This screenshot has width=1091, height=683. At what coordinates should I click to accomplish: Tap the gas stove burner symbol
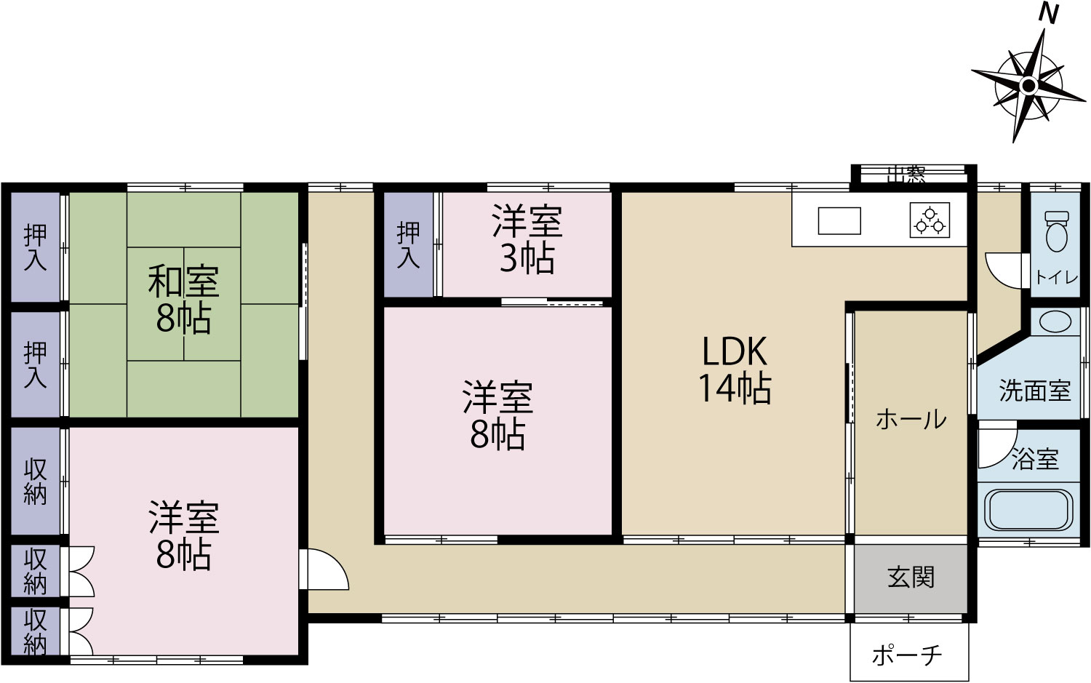(930, 220)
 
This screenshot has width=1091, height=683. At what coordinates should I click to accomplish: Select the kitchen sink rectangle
(839, 220)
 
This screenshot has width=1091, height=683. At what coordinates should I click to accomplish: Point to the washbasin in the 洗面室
(1055, 321)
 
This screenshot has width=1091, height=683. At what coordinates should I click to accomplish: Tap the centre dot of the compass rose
(1028, 87)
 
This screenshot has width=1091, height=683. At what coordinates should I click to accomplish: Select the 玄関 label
(911, 578)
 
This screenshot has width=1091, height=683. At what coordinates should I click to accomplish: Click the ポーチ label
(907, 655)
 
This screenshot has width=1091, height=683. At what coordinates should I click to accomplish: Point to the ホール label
(911, 419)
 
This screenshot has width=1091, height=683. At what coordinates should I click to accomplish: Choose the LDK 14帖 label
(735, 370)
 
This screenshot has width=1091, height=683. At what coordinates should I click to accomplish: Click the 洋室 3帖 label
(527, 239)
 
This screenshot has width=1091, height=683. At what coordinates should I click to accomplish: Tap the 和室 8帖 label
(183, 298)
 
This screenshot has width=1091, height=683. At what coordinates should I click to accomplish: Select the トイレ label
(1057, 277)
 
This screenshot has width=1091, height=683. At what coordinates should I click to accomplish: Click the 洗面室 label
(1035, 391)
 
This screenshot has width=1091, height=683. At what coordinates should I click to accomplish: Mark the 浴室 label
(1036, 458)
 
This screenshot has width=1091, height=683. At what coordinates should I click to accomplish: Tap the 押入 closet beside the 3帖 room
(408, 244)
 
